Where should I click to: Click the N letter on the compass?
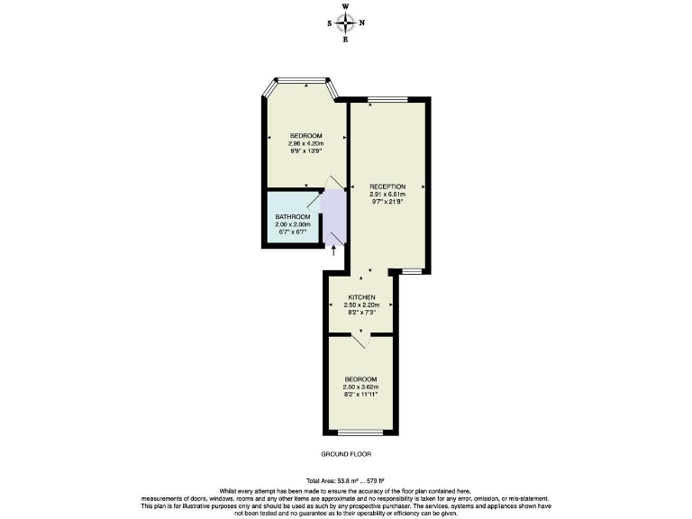(x=362, y=23)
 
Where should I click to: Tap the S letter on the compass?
(x=329, y=23)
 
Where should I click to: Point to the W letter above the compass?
(x=346, y=6)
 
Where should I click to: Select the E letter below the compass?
(x=346, y=40)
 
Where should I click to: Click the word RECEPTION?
(x=387, y=187)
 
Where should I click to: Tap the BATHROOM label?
(x=293, y=217)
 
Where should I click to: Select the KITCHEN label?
(x=360, y=296)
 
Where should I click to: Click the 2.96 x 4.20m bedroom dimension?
(x=305, y=143)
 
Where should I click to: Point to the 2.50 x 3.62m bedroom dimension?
(x=360, y=387)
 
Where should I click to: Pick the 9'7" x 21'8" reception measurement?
(x=387, y=201)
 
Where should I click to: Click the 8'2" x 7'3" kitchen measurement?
(x=360, y=312)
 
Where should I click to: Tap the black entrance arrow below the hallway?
(x=334, y=250)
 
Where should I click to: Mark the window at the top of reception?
(x=387, y=100)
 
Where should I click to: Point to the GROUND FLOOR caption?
(x=346, y=455)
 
